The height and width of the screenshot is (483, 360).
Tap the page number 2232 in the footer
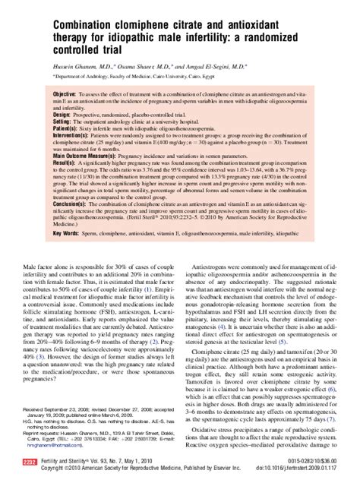pos(30,462)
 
